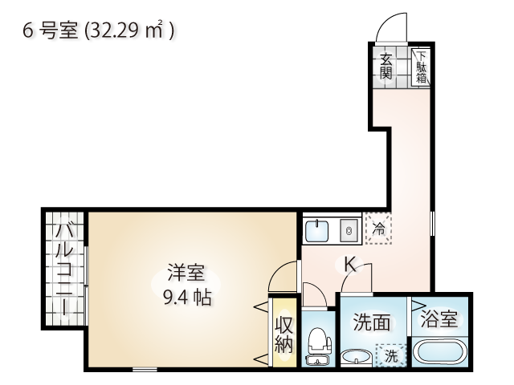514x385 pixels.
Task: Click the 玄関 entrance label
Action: point(385,67)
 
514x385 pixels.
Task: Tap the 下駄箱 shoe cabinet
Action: point(421,67)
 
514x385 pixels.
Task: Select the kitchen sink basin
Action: point(316,231)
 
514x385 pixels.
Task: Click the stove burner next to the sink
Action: point(349,231)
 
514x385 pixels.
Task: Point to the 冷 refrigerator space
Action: point(378,229)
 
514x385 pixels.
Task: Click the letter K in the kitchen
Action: point(350,265)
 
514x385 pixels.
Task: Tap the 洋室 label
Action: point(186,273)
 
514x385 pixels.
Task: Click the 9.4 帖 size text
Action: point(187,298)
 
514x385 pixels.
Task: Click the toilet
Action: point(318,346)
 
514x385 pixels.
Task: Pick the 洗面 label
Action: point(372,322)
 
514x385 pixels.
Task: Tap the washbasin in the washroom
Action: point(357,358)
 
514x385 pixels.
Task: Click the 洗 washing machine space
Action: point(391,355)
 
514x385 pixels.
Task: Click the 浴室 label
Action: point(439,318)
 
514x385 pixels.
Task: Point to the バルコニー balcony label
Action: point(64,269)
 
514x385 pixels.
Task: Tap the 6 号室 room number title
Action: point(51,31)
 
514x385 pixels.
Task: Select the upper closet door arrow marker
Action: point(262,307)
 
